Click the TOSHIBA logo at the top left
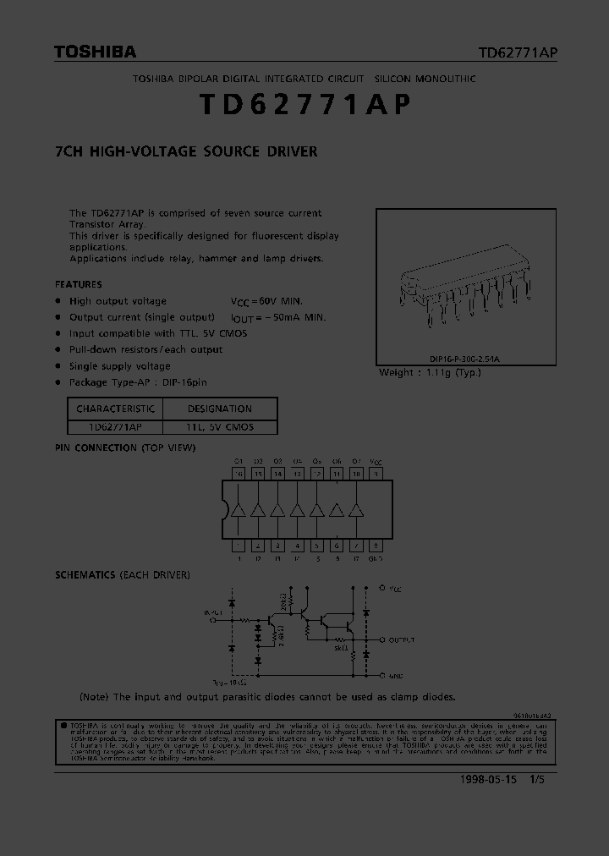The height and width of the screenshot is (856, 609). pos(95,52)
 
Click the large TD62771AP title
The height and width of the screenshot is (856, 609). pos(304,104)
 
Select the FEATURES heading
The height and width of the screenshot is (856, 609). pos(79,284)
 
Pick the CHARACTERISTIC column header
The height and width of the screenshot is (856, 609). pos(115,409)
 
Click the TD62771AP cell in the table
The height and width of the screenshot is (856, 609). pos(115,427)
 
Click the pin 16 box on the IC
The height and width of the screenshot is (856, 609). pos(239,475)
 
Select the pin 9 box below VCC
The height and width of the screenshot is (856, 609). pos(376,475)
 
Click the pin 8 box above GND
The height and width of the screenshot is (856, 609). pos(376,546)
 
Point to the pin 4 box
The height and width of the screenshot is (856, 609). pos(298,546)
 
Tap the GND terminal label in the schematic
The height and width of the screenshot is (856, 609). pos(397,676)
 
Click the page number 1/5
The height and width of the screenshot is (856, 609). pos(536,781)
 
